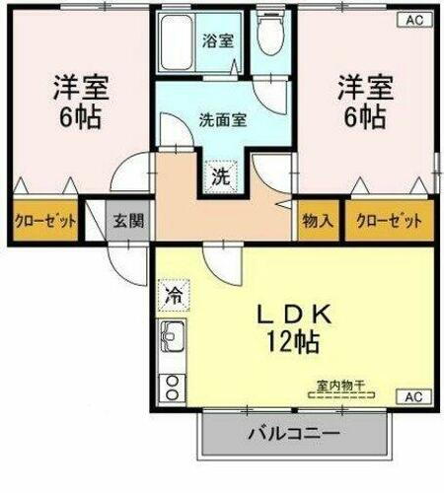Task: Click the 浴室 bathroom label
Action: [218, 41]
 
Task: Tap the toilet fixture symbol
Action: [267, 35]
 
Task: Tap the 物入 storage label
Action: [317, 220]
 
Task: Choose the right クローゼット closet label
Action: [389, 220]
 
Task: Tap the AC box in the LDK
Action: [416, 396]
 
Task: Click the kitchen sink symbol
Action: [172, 341]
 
